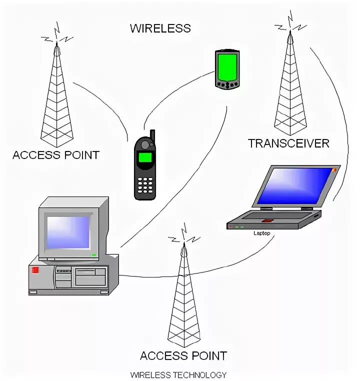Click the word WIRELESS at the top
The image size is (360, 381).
pyautogui.click(x=160, y=28)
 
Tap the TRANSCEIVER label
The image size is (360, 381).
pyautogui.click(x=288, y=143)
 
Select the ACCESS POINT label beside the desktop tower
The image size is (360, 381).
pyautogui.click(x=55, y=155)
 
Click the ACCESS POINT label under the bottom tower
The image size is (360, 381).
pyautogui.click(x=183, y=356)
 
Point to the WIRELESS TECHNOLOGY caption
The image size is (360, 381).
pyautogui.click(x=178, y=374)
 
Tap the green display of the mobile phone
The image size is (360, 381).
pyautogui.click(x=145, y=158)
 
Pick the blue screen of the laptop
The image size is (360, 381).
pyautogui.click(x=295, y=185)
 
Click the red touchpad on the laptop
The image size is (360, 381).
pyautogui.click(x=267, y=220)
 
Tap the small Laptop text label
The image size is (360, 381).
pyautogui.click(x=261, y=233)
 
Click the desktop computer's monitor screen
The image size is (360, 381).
pyautogui.click(x=67, y=232)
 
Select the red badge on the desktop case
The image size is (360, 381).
pyautogui.click(x=35, y=270)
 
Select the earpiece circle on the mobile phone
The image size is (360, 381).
pyautogui.click(x=145, y=145)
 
